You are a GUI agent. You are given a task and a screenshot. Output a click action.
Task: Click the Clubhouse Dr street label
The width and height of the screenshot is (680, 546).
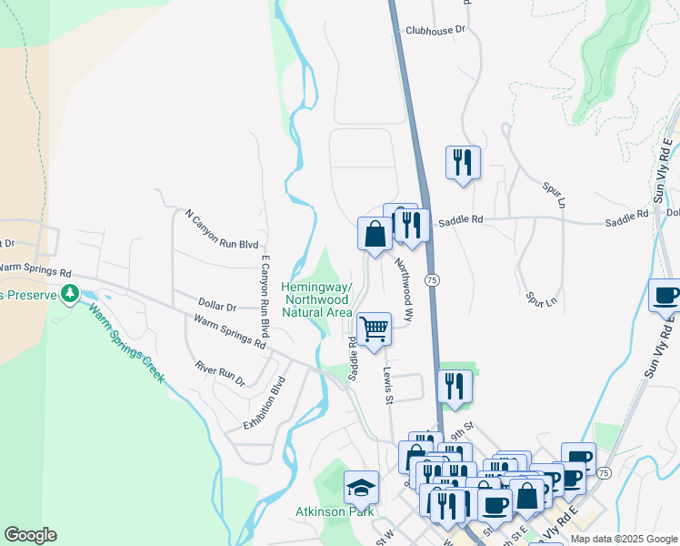[435, 30]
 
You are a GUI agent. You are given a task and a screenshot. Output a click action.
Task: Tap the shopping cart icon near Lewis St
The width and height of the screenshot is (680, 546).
[374, 329]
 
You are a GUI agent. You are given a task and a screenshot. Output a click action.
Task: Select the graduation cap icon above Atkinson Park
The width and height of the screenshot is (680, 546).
[361, 488]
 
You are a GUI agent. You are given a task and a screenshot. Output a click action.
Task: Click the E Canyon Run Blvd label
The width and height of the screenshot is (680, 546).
[265, 296]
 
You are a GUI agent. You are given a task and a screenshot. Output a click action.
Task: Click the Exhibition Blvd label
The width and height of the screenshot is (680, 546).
[265, 404]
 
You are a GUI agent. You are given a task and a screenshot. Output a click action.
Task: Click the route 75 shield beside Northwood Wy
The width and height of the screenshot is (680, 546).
[433, 281]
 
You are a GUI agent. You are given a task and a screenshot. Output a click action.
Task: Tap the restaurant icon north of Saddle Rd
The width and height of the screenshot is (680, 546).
[462, 163]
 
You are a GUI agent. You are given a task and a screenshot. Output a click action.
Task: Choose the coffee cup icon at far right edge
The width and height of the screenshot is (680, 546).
[665, 296]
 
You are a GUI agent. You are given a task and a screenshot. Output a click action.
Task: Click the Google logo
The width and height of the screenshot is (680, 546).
[30, 535]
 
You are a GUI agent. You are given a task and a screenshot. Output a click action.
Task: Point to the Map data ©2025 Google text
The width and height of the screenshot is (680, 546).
[624, 539]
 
